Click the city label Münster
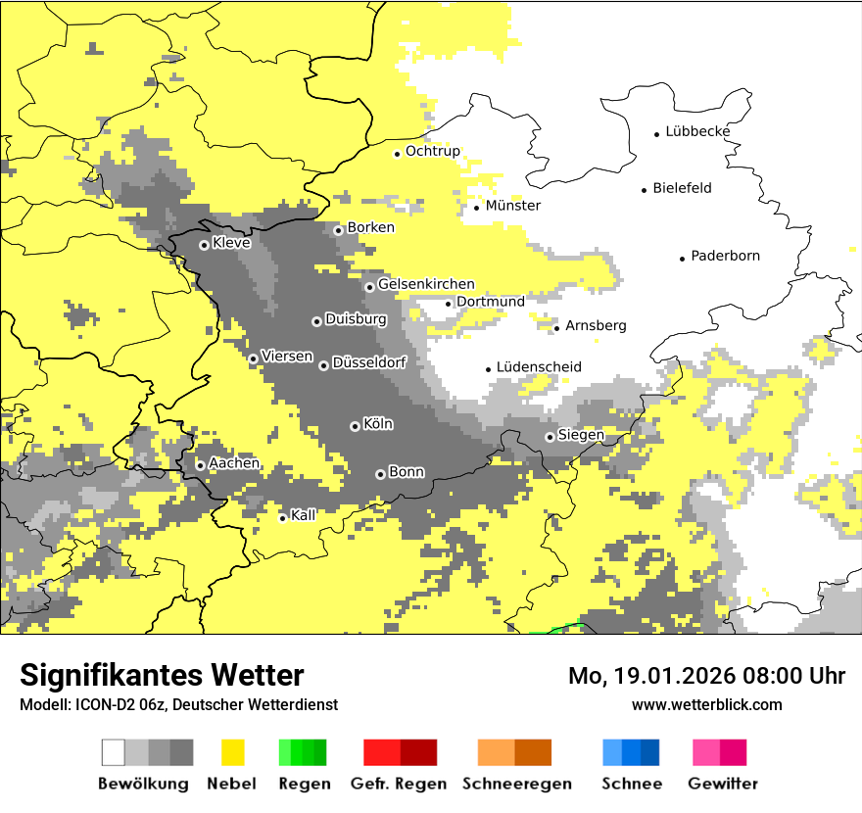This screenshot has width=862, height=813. tap(512, 206)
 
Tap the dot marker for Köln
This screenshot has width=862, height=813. tap(355, 426)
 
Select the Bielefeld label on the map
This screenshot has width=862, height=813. tap(682, 188)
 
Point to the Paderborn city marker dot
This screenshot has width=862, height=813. tap(683, 259)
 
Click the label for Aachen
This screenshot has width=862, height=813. tap(234, 463)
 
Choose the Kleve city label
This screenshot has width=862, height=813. tap(231, 243)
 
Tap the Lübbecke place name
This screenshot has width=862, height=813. tap(697, 131)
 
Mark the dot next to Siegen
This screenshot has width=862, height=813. tap(550, 438)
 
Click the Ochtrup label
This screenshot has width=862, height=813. tap(432, 151)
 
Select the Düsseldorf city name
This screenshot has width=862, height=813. tap(368, 362)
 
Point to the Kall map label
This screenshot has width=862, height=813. tap(304, 515)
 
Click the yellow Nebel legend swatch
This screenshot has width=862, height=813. tap(233, 752)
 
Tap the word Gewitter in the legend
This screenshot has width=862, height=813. tap(722, 784)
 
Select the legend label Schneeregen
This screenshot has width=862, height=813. tap(517, 784)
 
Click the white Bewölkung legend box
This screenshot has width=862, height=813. tap(114, 752)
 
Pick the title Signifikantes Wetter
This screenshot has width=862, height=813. tap(162, 676)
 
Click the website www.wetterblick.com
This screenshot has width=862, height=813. tap(706, 704)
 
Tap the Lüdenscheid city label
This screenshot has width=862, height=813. tap(539, 367)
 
